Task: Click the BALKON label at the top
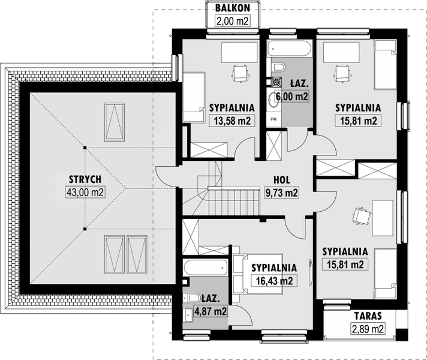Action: (x=232, y=8)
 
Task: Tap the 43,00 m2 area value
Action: (x=85, y=193)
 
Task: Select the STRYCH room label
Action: (x=85, y=179)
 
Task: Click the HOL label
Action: (x=282, y=180)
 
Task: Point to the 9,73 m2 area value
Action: (x=282, y=193)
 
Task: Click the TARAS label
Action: (x=368, y=316)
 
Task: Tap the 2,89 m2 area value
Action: (x=368, y=329)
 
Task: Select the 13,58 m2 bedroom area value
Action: (x=231, y=121)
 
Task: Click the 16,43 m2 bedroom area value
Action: (x=274, y=281)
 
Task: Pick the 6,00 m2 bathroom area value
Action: (x=292, y=96)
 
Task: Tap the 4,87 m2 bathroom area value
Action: (x=211, y=311)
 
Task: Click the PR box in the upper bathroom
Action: (x=274, y=119)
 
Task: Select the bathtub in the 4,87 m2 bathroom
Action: (x=205, y=268)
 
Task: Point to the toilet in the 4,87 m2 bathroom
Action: (x=192, y=298)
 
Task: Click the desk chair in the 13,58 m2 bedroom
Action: (x=240, y=73)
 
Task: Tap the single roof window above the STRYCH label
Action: (x=115, y=122)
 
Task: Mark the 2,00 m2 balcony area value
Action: (x=232, y=21)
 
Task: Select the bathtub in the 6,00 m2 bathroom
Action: (x=289, y=49)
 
